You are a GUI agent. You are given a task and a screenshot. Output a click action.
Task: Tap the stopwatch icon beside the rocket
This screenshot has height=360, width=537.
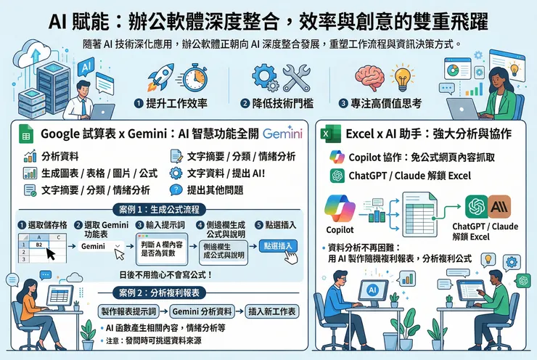(193, 78)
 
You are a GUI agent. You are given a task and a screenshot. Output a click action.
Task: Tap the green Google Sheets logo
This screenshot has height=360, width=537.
(23, 134)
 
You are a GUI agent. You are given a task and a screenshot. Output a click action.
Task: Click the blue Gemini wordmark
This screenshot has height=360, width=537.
(284, 134)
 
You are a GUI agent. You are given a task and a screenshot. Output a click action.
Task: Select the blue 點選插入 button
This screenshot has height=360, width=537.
(278, 246)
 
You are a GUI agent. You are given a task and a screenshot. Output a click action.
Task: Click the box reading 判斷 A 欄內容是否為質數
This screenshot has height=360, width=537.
(161, 247)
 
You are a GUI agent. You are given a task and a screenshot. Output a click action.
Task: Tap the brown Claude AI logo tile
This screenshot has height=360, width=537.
(499, 206)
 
